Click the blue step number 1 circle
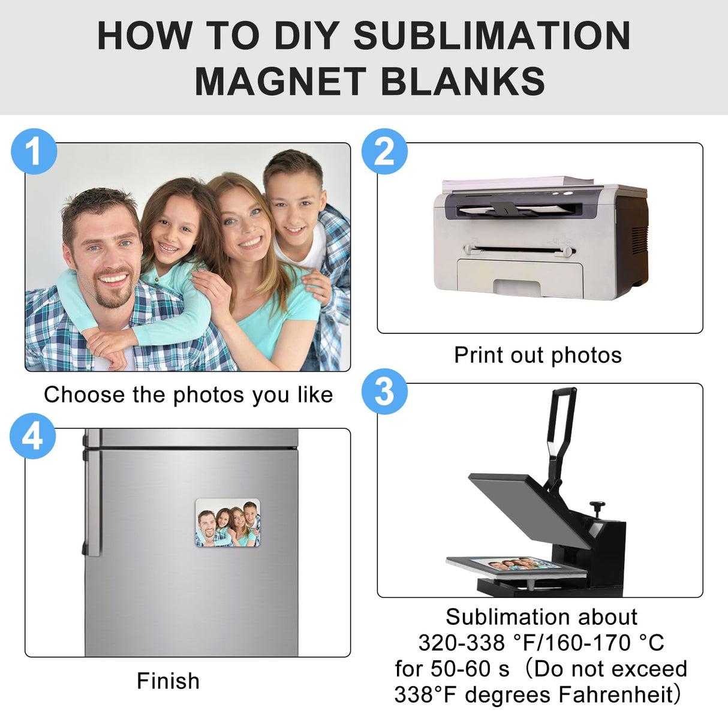34,151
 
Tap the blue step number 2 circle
384,151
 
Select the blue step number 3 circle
384,391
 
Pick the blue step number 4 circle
33,436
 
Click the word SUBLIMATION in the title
492,36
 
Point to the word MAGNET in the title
281,82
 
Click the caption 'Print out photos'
538,355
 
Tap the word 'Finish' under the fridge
168,681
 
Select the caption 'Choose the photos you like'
188,395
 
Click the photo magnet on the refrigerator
228,523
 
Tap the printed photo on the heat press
516,565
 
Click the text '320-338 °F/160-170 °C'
541,643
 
